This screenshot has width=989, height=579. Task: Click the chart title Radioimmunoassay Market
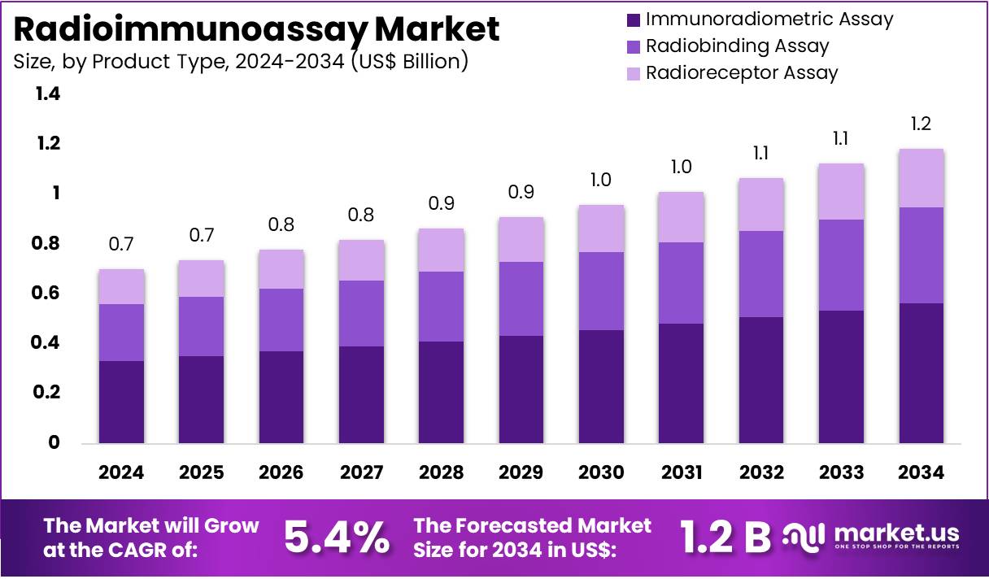[257, 29]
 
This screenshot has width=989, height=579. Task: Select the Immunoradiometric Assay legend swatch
[634, 20]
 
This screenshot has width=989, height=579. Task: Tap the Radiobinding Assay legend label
[737, 46]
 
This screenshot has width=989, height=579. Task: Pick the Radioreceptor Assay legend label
[741, 72]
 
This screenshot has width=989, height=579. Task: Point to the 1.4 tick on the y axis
[47, 94]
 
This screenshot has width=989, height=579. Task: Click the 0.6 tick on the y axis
[47, 293]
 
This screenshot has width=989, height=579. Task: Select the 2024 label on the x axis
[121, 472]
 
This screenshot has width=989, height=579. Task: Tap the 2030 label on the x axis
[601, 472]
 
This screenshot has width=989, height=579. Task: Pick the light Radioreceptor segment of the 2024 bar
[121, 286]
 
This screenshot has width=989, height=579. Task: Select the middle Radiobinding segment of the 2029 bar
[521, 298]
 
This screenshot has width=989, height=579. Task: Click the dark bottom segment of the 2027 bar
[361, 394]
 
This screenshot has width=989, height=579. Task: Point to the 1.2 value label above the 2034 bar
[921, 124]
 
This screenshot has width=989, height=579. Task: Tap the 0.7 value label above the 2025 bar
[201, 236]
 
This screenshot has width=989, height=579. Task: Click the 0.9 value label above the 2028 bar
[441, 203]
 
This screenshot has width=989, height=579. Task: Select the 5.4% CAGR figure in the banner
[336, 537]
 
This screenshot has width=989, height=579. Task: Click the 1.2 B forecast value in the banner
[725, 537]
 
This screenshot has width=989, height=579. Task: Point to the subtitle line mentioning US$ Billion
[241, 62]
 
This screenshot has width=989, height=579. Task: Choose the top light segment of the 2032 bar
[760, 204]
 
